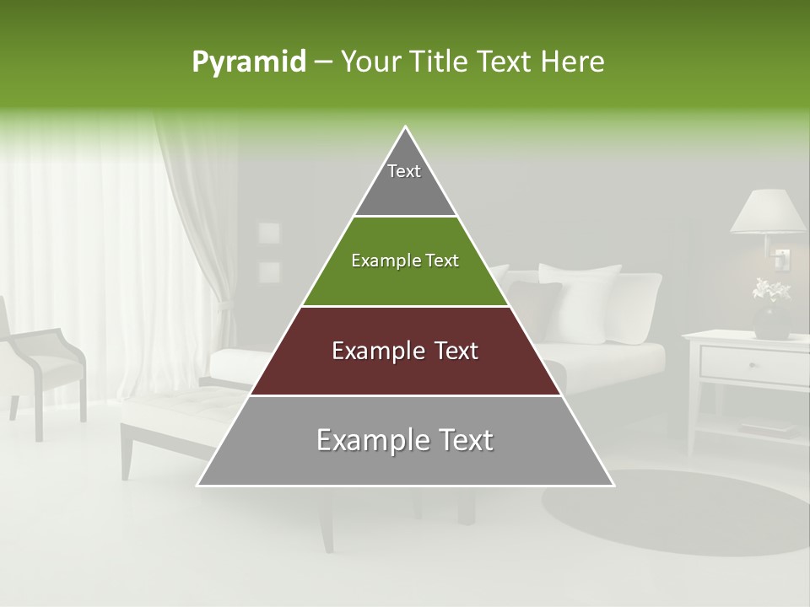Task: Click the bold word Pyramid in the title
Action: tap(249, 62)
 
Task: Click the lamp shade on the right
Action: tap(768, 212)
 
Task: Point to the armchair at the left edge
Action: tap(42, 363)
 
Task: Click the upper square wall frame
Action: tap(269, 234)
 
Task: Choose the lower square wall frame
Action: tap(269, 271)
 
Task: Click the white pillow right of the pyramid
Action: tap(582, 299)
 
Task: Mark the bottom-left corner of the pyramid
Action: tap(198, 485)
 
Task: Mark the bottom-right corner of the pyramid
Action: tap(613, 485)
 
